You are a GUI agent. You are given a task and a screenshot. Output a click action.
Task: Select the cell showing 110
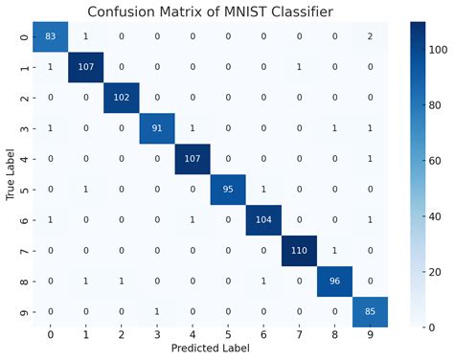[x=297, y=254]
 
